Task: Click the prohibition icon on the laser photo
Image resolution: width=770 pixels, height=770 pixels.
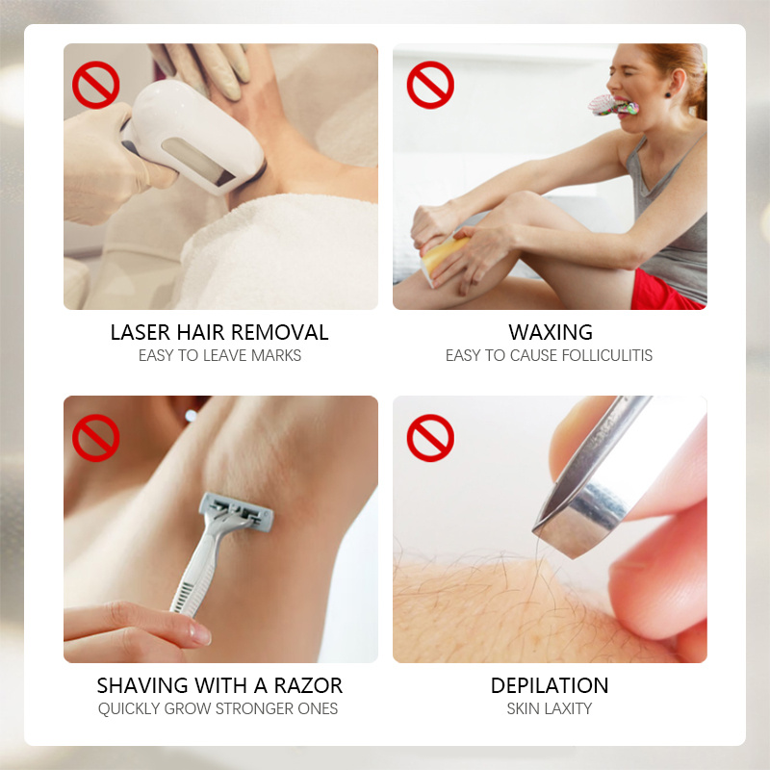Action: [95, 85]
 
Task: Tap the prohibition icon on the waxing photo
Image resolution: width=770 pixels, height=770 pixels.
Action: [429, 85]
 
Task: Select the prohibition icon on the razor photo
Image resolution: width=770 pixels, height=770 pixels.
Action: [95, 438]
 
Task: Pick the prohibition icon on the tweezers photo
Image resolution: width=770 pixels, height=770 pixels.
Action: [429, 438]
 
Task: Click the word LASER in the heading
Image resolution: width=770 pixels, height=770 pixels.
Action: [141, 333]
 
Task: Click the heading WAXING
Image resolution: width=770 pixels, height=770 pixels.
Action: [550, 333]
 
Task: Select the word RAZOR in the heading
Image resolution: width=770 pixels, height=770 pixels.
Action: [308, 686]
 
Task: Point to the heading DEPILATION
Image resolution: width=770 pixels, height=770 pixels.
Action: [550, 686]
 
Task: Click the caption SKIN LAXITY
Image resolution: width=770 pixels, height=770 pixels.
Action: [550, 709]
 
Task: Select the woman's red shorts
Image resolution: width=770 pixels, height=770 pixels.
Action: [664, 291]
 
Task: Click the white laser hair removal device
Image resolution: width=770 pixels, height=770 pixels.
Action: [197, 135]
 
